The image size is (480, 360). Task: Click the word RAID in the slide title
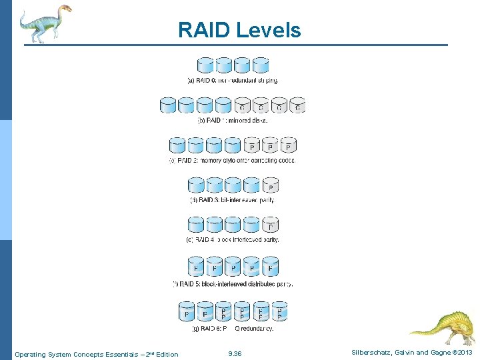pos(202,30)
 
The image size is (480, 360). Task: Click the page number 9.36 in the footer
pos(235,354)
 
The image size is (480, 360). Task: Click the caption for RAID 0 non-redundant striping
pos(233,80)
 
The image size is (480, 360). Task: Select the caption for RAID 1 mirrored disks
pos(233,121)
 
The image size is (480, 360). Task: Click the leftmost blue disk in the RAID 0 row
pos(205,65)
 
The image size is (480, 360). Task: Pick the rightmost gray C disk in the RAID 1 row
pos(297,105)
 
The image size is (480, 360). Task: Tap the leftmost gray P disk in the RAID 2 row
pos(252,145)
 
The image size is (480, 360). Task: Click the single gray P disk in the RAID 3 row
pos(270,185)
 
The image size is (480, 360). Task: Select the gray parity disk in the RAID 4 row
pos(270,225)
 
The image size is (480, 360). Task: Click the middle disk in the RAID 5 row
pos(233,267)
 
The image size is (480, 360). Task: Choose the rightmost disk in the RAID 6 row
pos(279,311)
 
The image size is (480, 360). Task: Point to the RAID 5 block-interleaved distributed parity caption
pos(233,283)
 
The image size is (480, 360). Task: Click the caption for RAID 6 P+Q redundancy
pos(233,328)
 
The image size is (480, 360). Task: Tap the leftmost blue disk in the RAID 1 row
pos(168,105)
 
